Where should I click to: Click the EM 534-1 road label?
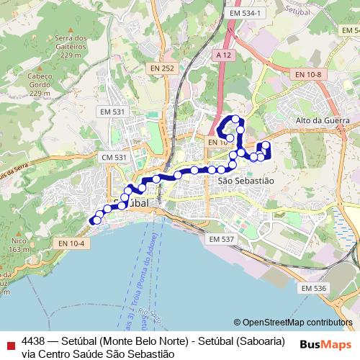click(x=247, y=13)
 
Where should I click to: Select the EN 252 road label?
click(x=163, y=68)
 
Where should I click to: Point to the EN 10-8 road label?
click(x=307, y=74)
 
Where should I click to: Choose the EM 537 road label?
click(x=221, y=238)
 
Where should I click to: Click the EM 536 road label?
click(x=315, y=288)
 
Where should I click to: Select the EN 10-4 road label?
click(x=72, y=243)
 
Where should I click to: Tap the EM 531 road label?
click(x=113, y=112)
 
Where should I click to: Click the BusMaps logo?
click(x=326, y=344)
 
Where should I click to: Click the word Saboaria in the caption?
click(x=257, y=341)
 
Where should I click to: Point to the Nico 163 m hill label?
click(x=19, y=245)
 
